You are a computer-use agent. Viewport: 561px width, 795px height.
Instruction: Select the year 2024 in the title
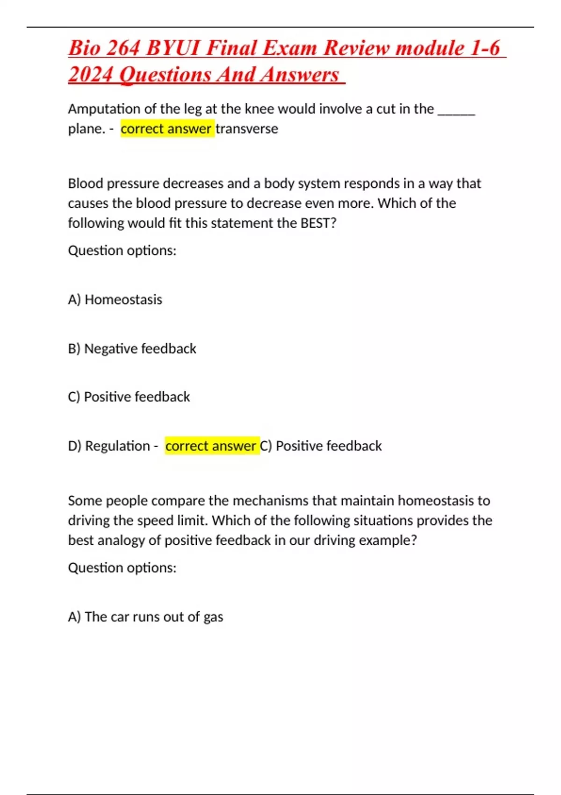click(x=90, y=75)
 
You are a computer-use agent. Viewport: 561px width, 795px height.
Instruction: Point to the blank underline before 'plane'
click(x=456, y=112)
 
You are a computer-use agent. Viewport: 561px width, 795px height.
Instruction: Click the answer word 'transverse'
click(x=247, y=129)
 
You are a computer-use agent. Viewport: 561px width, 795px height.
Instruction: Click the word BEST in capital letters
click(x=318, y=223)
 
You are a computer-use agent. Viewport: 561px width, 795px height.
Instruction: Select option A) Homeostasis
click(x=115, y=299)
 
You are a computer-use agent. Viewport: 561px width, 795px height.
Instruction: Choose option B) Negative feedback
click(x=132, y=348)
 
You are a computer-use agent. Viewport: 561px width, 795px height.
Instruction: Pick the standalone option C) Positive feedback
click(x=129, y=397)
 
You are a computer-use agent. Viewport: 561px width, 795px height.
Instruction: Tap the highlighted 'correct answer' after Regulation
click(x=211, y=446)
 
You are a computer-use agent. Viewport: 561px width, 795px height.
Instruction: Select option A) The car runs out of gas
click(x=145, y=617)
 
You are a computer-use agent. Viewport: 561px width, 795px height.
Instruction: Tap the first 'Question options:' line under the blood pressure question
click(x=122, y=251)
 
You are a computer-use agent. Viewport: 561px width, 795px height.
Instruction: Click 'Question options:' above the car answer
click(x=122, y=568)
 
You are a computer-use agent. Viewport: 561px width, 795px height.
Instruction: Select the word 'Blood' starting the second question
click(x=86, y=183)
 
